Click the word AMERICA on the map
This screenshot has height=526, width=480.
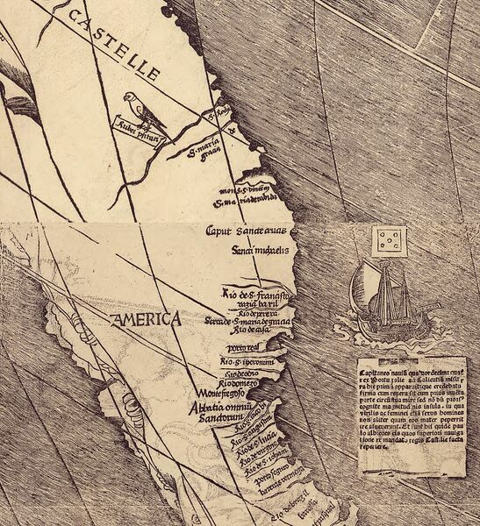[x=146, y=319]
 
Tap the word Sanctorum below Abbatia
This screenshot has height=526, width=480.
[x=216, y=420]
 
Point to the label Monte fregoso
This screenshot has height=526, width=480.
[x=216, y=394]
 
